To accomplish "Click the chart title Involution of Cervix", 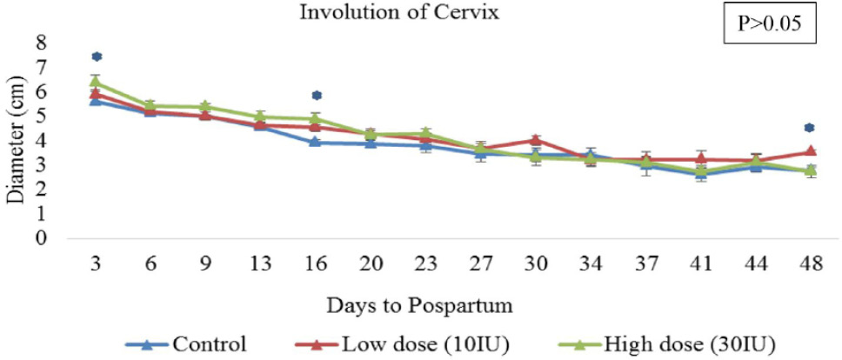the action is [x=399, y=12].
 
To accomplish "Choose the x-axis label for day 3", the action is [x=97, y=263].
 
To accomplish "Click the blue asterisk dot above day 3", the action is [x=97, y=57].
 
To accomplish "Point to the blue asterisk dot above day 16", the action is [x=317, y=96].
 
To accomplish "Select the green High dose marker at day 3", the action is [x=97, y=82].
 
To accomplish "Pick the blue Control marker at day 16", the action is [x=316, y=142].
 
